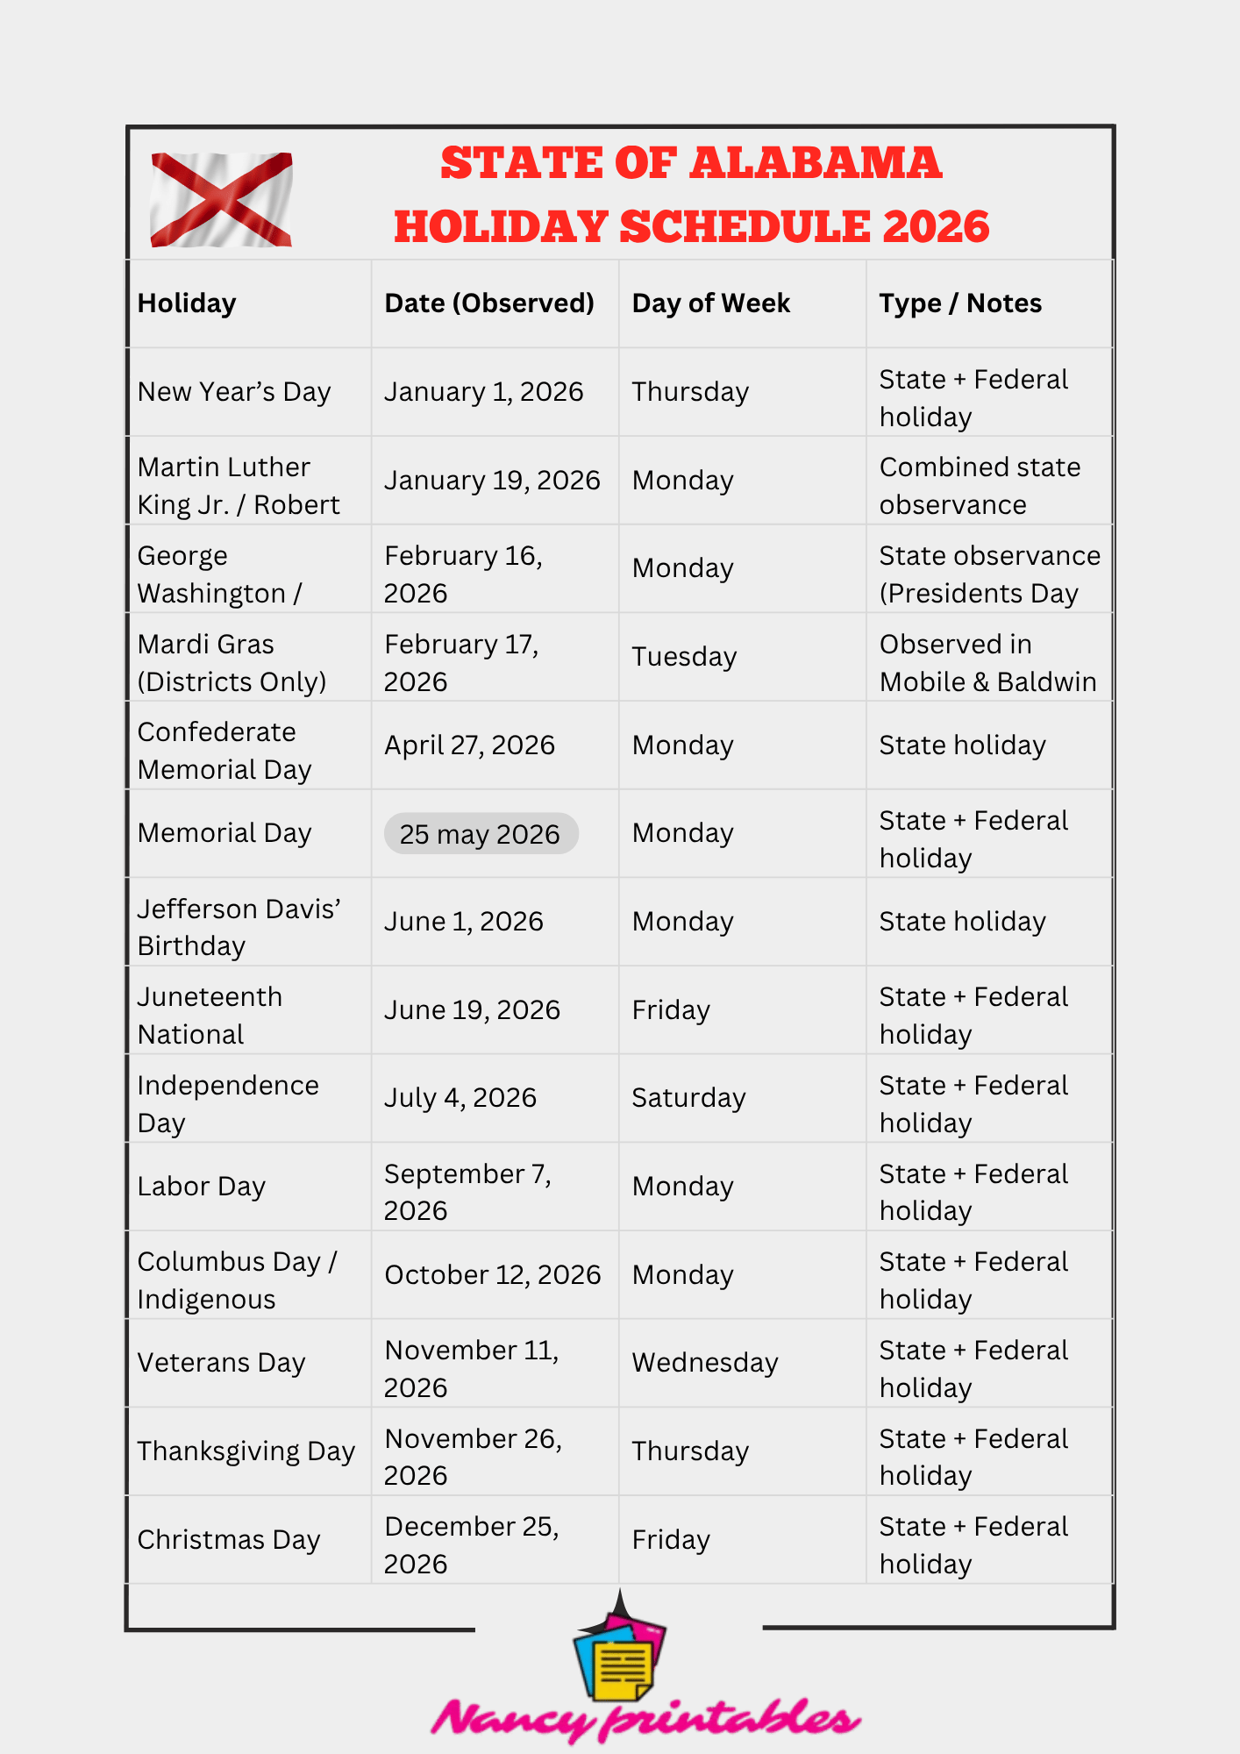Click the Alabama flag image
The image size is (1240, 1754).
click(x=221, y=200)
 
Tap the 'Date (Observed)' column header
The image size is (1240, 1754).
click(x=489, y=303)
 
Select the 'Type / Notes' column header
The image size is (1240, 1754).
click(x=960, y=303)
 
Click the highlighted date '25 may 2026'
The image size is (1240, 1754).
click(x=481, y=834)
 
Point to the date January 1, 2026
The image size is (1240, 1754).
click(x=483, y=392)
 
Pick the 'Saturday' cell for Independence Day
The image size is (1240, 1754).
click(x=688, y=1098)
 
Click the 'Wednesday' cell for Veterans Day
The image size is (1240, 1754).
click(x=705, y=1363)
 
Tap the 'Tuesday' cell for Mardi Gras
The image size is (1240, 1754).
click(x=684, y=657)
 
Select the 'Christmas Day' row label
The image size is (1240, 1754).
click(x=229, y=1540)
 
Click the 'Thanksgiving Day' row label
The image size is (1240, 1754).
click(x=246, y=1451)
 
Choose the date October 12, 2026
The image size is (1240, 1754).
click(x=492, y=1275)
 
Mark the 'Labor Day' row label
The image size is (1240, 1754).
click(x=201, y=1187)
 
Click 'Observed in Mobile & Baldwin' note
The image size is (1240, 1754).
click(x=987, y=663)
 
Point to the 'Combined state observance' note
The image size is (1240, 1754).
click(x=980, y=486)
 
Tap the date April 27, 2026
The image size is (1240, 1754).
click(x=469, y=745)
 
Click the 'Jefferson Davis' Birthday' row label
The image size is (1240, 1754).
click(x=239, y=927)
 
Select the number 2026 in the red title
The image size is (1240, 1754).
click(x=936, y=227)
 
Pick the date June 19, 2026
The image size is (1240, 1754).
click(x=472, y=1010)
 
